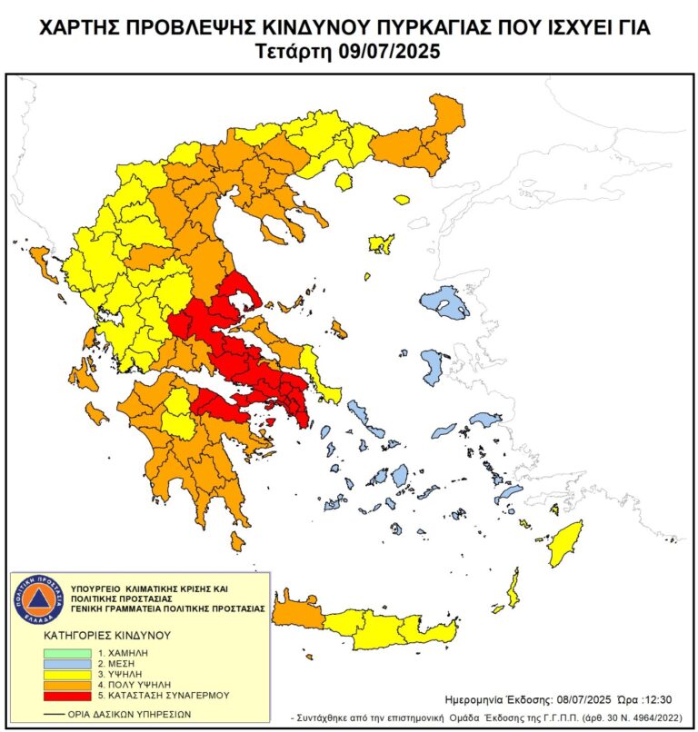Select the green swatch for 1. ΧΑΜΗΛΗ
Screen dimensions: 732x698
(x=68, y=652)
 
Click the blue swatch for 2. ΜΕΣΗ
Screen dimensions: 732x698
(x=68, y=663)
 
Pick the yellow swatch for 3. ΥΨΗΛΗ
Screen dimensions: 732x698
(x=68, y=673)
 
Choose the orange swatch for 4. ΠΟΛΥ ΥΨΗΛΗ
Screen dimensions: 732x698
(x=68, y=684)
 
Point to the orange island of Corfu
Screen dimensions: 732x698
(x=42, y=263)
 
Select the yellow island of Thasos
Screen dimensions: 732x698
(x=344, y=182)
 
